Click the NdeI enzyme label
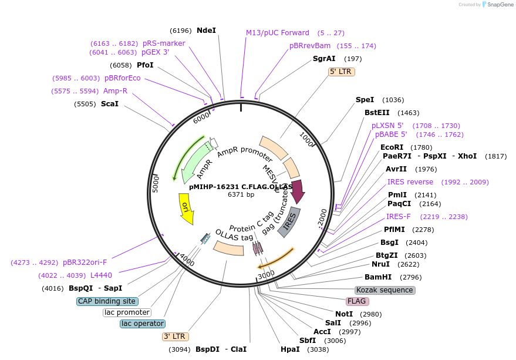tap(206, 30)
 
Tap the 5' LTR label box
tap(342, 72)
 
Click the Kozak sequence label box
tap(385, 290)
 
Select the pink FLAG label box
tap(357, 301)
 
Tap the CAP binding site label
tap(107, 301)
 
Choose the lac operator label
tap(143, 324)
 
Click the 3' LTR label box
tap(175, 337)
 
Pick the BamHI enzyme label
tap(377, 277)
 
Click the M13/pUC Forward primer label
tap(277, 33)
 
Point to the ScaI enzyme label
tap(110, 104)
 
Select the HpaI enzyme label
tap(290, 349)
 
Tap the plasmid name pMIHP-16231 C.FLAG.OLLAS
tap(241, 186)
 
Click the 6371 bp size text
tap(241, 194)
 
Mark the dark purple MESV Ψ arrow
tap(297, 191)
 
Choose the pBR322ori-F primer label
tap(85, 263)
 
